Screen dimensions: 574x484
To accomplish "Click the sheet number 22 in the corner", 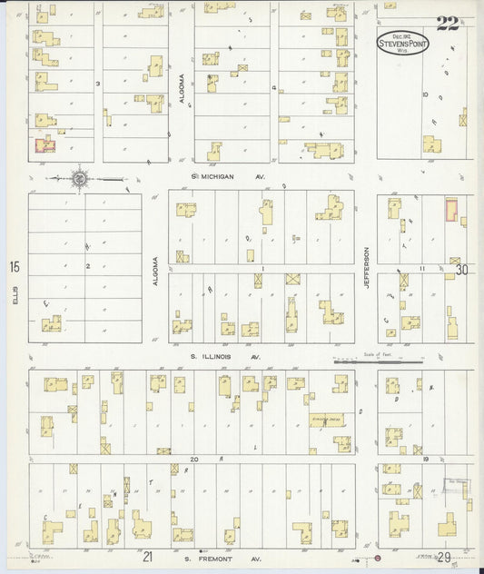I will [x=447, y=23].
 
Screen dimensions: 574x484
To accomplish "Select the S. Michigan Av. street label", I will [x=226, y=176].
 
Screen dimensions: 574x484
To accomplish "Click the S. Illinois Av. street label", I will [x=225, y=357].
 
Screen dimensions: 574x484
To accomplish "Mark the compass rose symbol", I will [x=80, y=179].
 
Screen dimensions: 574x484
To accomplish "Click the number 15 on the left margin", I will [x=14, y=267].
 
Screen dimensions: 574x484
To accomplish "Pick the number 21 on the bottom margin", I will [x=147, y=554].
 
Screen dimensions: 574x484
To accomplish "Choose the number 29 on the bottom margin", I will [x=443, y=555].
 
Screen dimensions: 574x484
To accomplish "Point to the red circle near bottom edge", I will [x=378, y=557].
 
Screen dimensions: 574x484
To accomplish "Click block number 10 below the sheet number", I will [x=424, y=93].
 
